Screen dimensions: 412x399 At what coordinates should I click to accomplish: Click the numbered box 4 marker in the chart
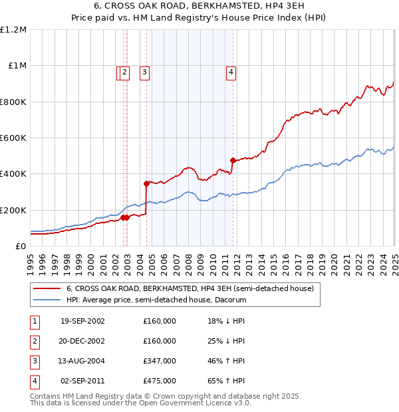click(231, 73)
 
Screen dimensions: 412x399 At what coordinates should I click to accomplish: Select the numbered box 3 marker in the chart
click(144, 73)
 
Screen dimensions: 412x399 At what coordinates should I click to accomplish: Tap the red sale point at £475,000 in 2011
click(233, 160)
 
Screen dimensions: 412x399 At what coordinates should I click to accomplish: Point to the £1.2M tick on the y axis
click(13, 30)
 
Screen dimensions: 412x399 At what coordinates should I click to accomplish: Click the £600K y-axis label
click(13, 138)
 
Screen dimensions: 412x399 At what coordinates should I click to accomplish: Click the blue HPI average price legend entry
click(156, 300)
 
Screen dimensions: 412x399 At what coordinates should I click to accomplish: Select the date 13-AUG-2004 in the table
click(82, 361)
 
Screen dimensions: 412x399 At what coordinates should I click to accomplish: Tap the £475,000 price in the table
click(160, 381)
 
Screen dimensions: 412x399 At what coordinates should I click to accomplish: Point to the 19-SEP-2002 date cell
click(82, 321)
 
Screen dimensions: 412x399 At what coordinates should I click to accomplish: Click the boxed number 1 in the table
click(33, 321)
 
